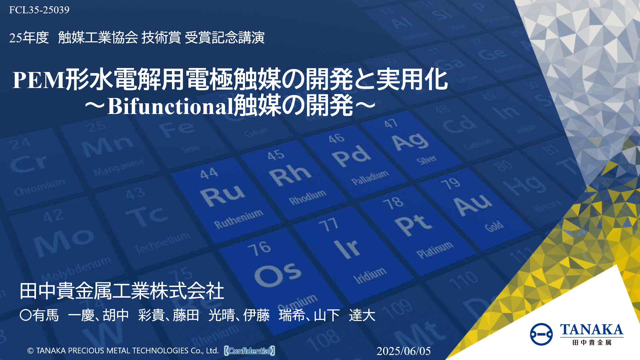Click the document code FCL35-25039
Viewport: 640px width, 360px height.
tap(39, 10)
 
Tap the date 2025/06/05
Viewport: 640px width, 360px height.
tap(403, 351)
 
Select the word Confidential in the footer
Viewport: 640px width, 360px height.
tap(250, 351)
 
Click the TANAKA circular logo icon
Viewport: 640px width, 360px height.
tap(541, 334)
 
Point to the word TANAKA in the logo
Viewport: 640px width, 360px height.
tap(591, 330)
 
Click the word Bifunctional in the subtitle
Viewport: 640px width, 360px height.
tap(170, 107)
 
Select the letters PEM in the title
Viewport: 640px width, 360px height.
tap(38, 80)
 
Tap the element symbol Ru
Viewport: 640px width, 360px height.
tap(222, 195)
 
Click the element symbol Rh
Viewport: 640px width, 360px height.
tap(290, 175)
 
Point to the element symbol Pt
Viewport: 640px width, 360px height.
tap(413, 225)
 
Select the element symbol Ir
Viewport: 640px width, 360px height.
tap(347, 248)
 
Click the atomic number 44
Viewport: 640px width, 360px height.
tap(209, 173)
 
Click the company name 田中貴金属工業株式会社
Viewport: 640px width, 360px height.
tap(122, 291)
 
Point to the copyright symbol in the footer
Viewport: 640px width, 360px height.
tap(30, 351)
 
